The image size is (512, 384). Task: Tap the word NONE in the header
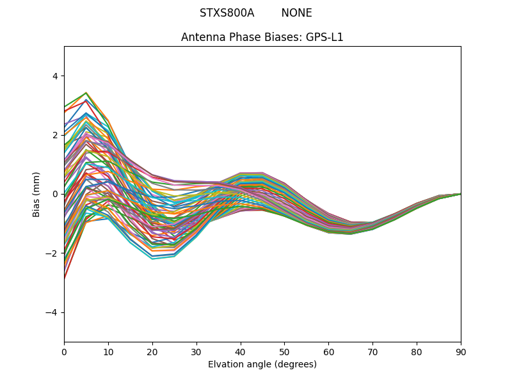click(296, 13)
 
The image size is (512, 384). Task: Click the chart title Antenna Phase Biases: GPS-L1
click(262, 37)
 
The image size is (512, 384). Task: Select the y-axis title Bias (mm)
click(36, 194)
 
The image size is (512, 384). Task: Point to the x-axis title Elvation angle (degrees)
click(262, 364)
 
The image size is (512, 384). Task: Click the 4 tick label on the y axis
click(54, 76)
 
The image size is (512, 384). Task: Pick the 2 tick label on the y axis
click(54, 135)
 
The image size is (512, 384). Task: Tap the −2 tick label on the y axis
click(52, 253)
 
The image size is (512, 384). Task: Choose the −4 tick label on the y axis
click(52, 312)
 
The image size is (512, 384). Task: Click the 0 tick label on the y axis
click(54, 194)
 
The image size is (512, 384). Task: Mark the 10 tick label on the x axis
click(108, 351)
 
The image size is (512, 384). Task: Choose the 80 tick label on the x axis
click(417, 351)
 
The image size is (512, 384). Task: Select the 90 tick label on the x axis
click(461, 351)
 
